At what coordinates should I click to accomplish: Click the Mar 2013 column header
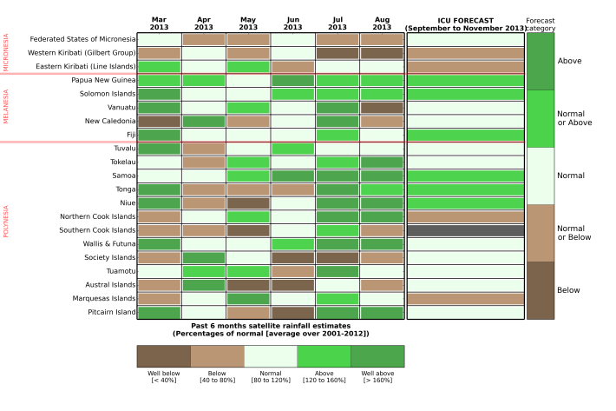[159, 23]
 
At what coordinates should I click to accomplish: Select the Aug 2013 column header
[382, 23]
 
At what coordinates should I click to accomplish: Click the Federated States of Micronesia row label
[82, 39]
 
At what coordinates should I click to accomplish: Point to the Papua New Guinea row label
[105, 80]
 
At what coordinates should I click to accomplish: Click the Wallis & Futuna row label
[106, 244]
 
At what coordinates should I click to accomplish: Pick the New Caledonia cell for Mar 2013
[159, 122]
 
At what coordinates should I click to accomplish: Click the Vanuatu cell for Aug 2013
[382, 108]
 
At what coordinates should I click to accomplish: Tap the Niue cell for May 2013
[248, 203]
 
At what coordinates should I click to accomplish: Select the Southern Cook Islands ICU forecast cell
[465, 230]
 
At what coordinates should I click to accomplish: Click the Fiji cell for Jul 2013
[337, 135]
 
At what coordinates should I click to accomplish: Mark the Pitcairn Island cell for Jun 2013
[292, 313]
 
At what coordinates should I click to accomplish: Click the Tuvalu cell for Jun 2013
[292, 149]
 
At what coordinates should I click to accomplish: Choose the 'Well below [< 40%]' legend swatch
[164, 355]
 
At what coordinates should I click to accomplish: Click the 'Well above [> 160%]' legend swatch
[377, 355]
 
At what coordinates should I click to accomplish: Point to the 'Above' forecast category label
[569, 61]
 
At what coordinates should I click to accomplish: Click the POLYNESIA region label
[6, 222]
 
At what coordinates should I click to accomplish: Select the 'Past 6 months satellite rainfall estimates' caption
[270, 328]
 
